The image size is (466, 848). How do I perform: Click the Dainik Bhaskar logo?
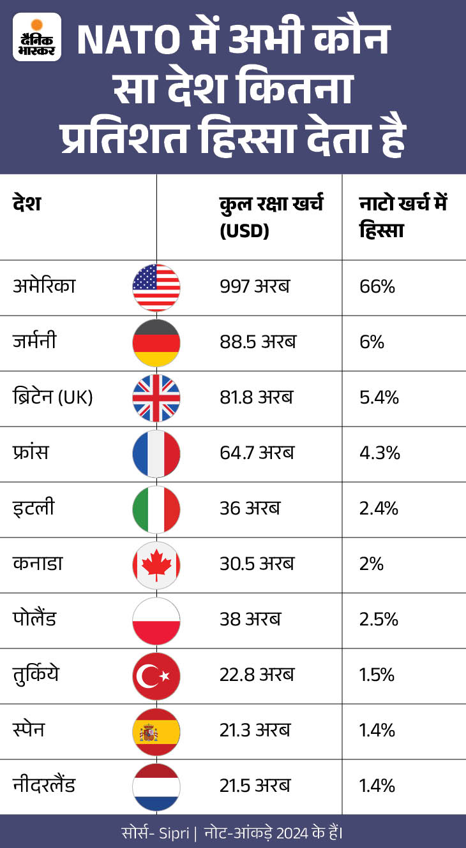37,37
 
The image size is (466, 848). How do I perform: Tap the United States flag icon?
156,288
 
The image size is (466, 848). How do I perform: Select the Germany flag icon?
156,343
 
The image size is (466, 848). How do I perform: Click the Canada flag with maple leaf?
156,565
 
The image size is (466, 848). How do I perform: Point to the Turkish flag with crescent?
156,676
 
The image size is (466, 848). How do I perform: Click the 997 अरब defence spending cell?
254,286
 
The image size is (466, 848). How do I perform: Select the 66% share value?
377,286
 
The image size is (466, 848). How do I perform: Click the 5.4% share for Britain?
380,398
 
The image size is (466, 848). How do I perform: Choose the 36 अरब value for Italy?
250,508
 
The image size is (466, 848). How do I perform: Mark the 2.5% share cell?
380,619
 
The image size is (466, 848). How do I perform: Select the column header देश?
26,205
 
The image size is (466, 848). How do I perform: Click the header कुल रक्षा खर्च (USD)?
271,217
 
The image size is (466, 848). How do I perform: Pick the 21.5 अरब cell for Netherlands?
255,786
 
